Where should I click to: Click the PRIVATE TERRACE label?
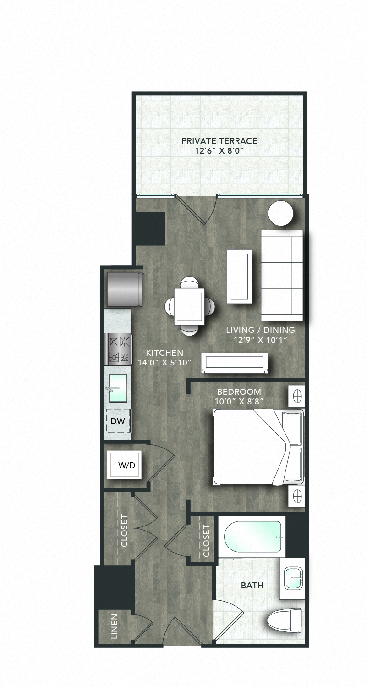pyautogui.click(x=219, y=141)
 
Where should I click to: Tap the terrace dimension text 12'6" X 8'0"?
pyautogui.click(x=219, y=151)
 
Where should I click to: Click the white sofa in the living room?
pyautogui.click(x=282, y=275)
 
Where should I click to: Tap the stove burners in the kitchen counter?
pyautogui.click(x=119, y=349)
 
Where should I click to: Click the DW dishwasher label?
pyautogui.click(x=119, y=421)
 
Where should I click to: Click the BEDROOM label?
pyautogui.click(x=239, y=392)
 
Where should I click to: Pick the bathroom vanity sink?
pyautogui.click(x=293, y=579)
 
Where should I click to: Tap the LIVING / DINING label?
pyautogui.click(x=260, y=330)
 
